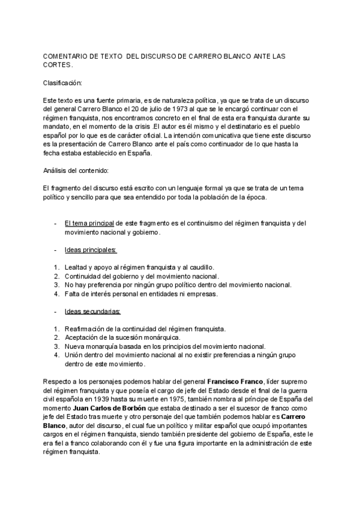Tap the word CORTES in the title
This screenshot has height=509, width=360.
point(58,64)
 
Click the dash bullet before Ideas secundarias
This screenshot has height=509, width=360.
point(55,312)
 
